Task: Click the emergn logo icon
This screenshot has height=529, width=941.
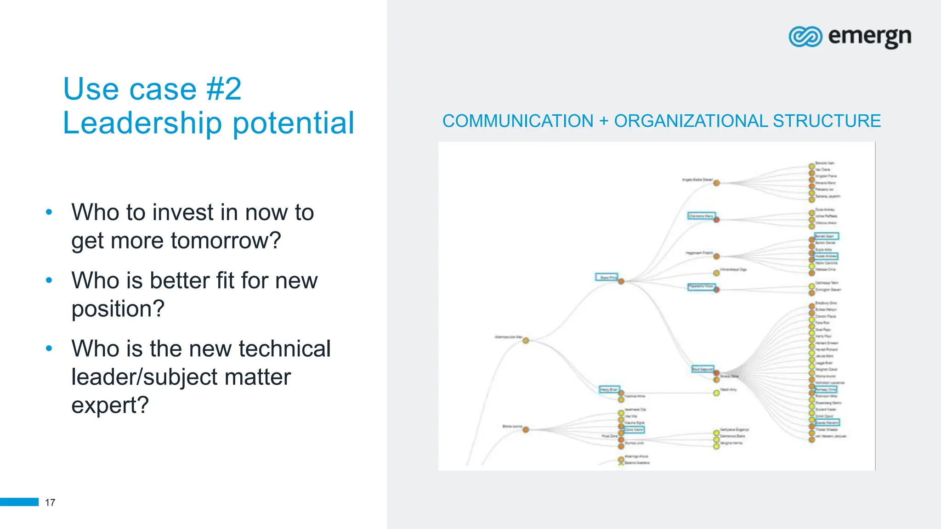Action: tap(805, 37)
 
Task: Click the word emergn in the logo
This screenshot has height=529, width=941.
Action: tap(869, 37)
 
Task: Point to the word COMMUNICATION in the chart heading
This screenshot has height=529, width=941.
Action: tap(518, 121)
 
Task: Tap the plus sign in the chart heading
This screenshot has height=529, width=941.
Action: tap(604, 121)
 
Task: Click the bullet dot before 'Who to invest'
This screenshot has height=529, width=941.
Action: tap(49, 212)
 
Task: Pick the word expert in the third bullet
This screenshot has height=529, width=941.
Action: tap(109, 405)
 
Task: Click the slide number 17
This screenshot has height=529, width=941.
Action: tap(50, 502)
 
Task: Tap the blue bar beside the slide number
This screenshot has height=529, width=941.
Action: tap(19, 502)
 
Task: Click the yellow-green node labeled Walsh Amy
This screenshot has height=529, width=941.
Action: tap(716, 393)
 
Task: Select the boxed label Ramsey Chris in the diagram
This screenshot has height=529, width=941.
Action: tap(826, 389)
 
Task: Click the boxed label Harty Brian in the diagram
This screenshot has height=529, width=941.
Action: tap(609, 389)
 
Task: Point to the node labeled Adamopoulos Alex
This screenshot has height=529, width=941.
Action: tap(526, 340)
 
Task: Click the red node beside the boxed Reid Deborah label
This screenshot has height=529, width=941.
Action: tap(716, 373)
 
